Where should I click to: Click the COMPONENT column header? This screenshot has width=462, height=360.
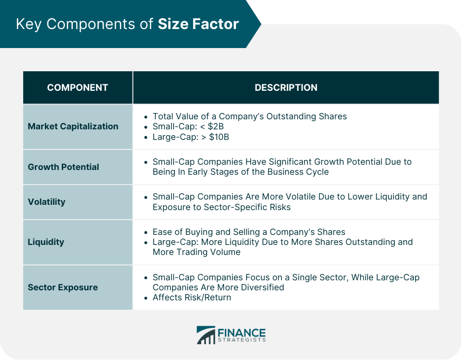tap(78, 88)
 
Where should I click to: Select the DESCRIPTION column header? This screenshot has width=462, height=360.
tap(286, 88)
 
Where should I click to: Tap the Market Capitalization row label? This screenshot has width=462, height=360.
tap(73, 126)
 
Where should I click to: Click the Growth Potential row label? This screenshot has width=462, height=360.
tap(63, 167)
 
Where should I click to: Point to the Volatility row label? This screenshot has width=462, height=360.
tap(46, 202)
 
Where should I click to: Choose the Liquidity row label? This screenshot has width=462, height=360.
tap(46, 242)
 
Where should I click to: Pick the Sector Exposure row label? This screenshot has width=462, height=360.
tap(63, 287)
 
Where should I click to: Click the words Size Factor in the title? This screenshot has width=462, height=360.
tap(198, 24)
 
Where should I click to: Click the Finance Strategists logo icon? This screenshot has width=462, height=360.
tap(206, 335)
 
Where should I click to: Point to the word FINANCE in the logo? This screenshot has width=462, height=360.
tap(241, 332)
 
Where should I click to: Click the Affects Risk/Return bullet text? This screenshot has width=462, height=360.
tap(192, 297)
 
